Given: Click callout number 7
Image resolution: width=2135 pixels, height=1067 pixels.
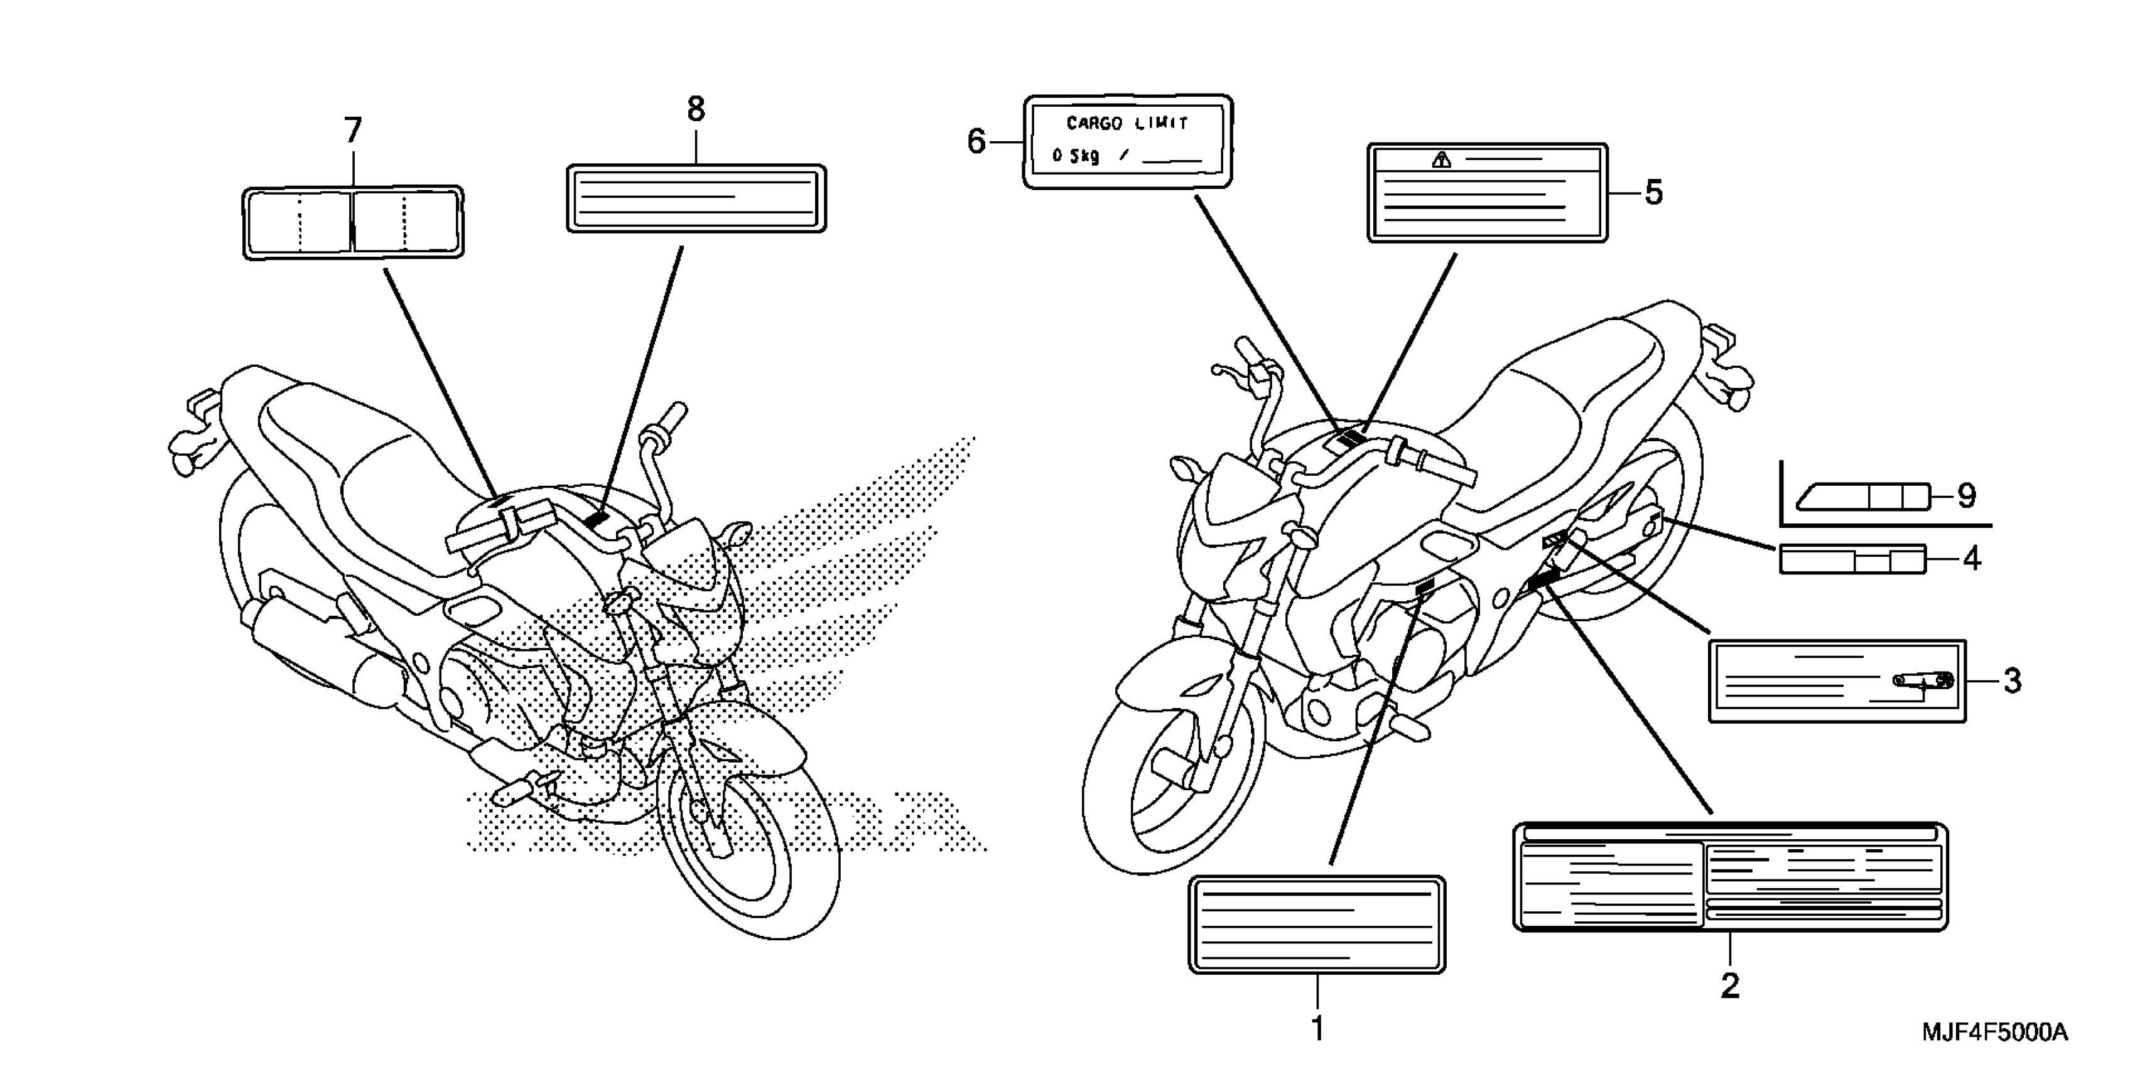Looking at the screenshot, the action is [x=353, y=131].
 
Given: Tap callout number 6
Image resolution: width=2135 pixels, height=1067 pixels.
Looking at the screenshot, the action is [x=976, y=142].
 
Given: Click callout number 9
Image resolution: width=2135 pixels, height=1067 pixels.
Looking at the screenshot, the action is [x=1966, y=496].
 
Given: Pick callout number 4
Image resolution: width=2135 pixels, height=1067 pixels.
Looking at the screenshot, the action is [x=1972, y=559].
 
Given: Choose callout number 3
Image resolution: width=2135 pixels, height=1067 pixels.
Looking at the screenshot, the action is [x=2013, y=681].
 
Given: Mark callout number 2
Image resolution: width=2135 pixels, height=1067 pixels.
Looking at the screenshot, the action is [x=1730, y=986].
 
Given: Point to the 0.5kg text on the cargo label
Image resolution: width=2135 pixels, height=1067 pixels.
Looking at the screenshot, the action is [x=1076, y=156].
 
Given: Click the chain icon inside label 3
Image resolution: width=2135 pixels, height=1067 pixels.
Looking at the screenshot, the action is [x=1923, y=681].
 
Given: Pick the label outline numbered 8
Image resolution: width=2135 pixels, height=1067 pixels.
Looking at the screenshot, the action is [x=696, y=199].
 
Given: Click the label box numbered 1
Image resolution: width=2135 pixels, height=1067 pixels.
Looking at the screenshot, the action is [x=1316, y=924].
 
